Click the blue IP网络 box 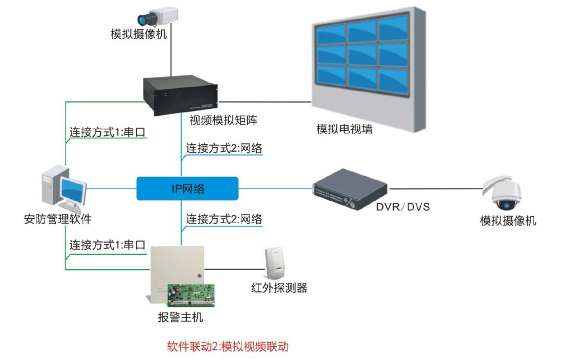coord(187,188)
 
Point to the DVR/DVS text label coord(403,207)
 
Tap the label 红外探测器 coord(279,288)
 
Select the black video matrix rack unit coord(181,95)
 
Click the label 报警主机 coord(180,318)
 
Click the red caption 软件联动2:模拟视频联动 coord(228,347)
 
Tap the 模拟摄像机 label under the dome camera coord(508,221)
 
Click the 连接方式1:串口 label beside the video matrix coord(107,132)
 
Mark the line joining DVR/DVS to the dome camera coord(435,187)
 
